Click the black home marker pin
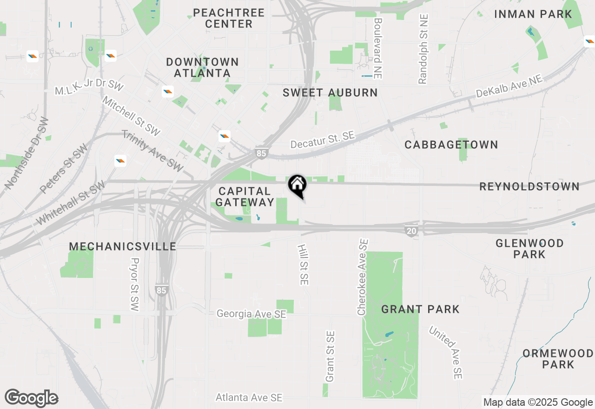click(297, 186)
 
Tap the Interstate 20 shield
click(410, 231)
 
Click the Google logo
click(31, 398)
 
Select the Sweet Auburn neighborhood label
click(330, 92)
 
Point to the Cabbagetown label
click(451, 145)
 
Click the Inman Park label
click(533, 14)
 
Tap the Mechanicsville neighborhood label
click(122, 246)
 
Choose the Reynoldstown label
click(529, 187)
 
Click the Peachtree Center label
click(229, 18)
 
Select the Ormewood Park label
click(558, 359)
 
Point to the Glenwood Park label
click(529, 249)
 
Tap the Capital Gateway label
click(245, 197)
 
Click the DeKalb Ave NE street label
click(509, 87)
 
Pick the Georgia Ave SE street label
click(251, 314)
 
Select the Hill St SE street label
click(303, 264)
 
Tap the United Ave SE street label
click(445, 352)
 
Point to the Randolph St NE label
click(423, 49)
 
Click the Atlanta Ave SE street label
click(249, 398)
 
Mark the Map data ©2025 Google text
click(538, 402)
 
